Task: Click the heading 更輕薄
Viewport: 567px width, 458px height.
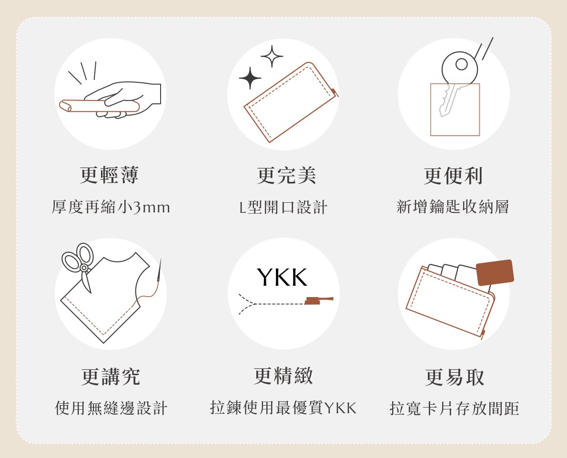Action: pos(109,175)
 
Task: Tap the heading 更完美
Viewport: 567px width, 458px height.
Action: pos(286,175)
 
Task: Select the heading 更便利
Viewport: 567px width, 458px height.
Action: pos(453,176)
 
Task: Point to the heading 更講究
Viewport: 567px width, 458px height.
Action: pos(110,377)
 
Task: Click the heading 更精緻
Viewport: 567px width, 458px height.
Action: pos(283,376)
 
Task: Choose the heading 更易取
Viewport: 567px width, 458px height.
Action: pos(455,377)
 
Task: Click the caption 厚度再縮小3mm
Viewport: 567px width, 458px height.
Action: pos(111,207)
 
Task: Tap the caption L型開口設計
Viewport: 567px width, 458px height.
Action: pos(283,207)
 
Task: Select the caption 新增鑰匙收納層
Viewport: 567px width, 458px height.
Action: pos(453,207)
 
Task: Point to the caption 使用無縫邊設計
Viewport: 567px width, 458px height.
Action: pos(111,408)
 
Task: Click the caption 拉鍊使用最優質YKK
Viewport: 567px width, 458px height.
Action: pos(283,408)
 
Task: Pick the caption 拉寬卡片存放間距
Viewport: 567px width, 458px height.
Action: pos(454,408)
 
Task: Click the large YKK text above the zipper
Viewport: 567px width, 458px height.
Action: pos(282,278)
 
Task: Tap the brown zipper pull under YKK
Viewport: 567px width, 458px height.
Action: pos(319,300)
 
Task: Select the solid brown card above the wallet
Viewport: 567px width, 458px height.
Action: pos(495,272)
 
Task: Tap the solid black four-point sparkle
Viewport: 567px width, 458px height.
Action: pos(250,78)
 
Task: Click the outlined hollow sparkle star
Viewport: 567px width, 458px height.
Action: pos(272,56)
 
